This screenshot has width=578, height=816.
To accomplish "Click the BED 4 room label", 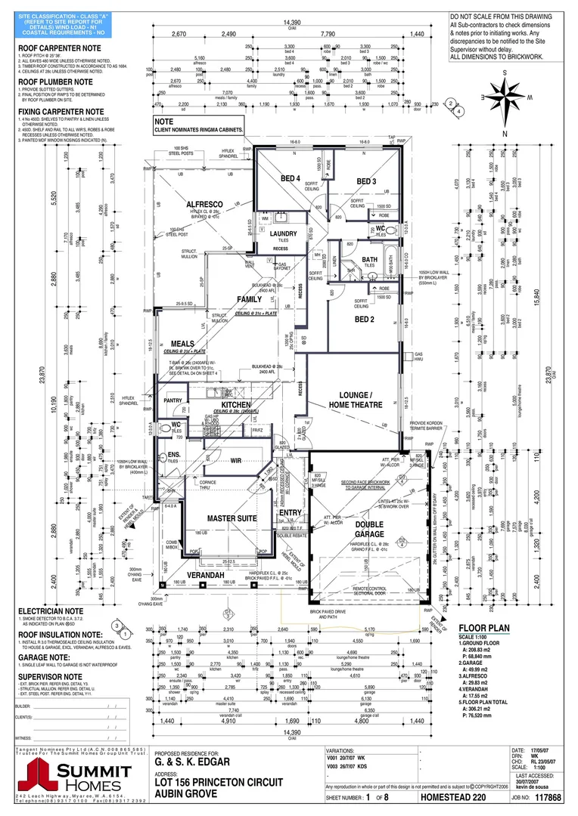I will point(291,178).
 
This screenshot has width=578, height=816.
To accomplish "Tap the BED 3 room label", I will point(366,181).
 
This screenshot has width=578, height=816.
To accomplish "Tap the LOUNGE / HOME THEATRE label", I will point(350,400).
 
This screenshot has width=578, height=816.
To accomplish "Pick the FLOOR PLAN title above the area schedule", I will point(484,628).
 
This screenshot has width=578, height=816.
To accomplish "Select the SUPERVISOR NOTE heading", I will point(51,676).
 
